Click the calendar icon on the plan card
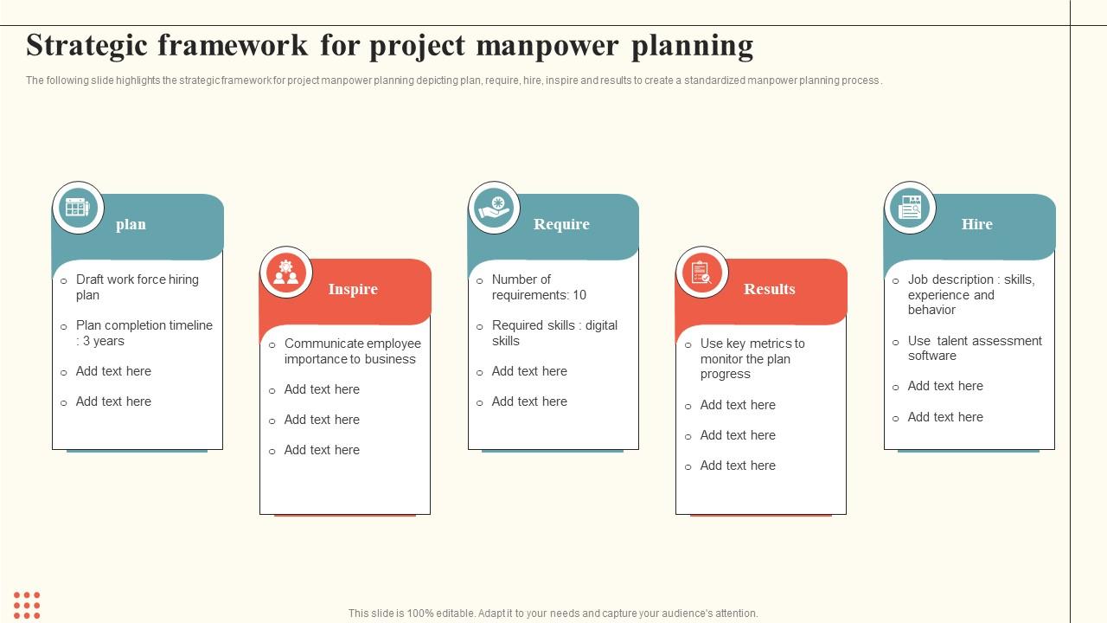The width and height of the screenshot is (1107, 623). coord(78,208)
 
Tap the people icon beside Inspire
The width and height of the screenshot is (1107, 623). coord(285,272)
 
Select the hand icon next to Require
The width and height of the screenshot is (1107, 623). coord(495,208)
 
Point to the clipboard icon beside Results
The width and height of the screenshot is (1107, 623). coord(701,272)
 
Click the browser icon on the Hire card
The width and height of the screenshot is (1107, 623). coord(910,208)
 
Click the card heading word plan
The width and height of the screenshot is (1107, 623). coord(131,224)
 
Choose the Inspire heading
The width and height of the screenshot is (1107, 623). coord(353,289)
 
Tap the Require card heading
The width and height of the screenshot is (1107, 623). coord(561,224)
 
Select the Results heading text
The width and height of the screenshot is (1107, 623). coord(769,289)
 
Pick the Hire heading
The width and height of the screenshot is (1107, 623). coord(976,224)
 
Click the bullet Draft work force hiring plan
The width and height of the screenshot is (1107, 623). coord(137,287)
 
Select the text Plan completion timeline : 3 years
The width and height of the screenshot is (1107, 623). coord(144,333)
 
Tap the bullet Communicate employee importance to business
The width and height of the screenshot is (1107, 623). coord(352,351)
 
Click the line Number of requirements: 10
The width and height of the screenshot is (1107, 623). coord(538,287)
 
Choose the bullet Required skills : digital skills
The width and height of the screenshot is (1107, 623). coord(554,333)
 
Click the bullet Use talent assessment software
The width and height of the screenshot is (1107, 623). coord(974,348)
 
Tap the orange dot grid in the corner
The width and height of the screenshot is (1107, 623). coord(27,605)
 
